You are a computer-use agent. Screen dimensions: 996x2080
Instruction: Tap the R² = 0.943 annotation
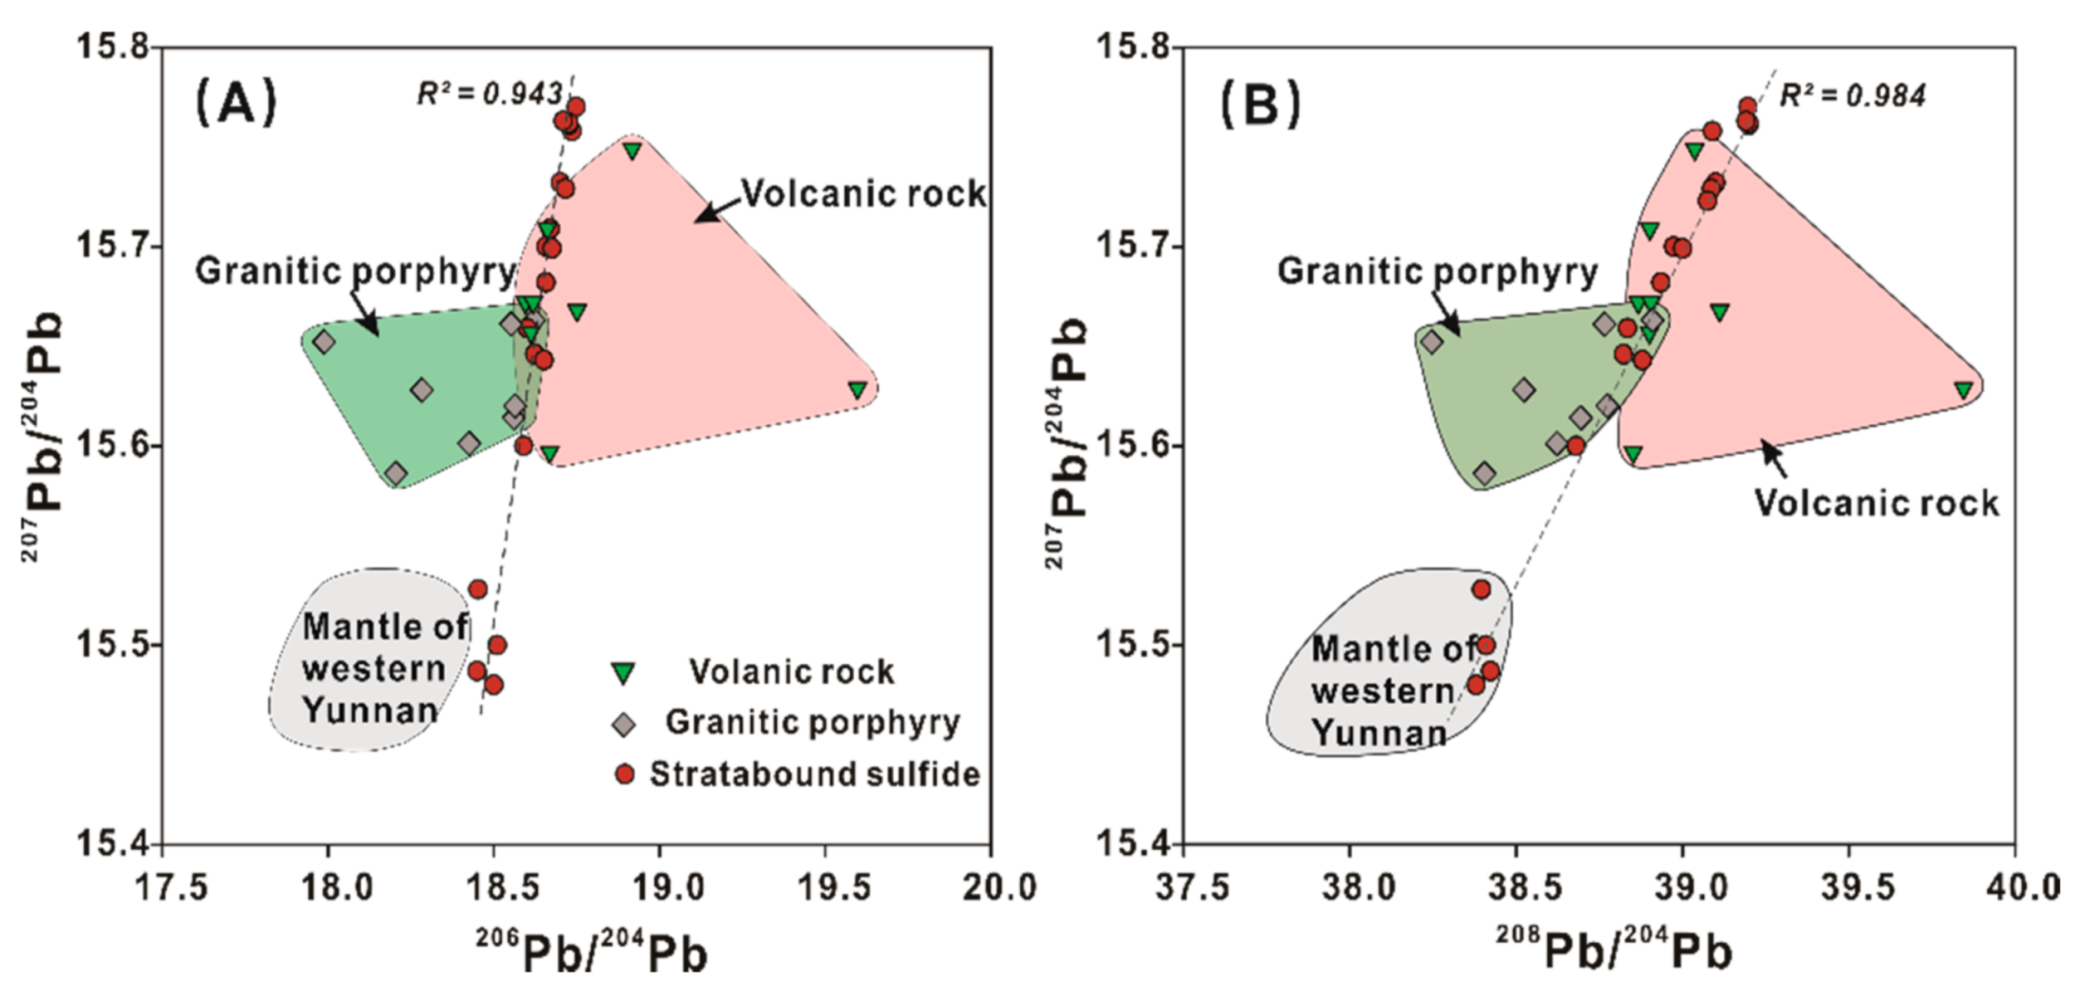coord(490,94)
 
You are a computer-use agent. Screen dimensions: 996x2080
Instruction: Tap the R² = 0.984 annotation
coord(1852,96)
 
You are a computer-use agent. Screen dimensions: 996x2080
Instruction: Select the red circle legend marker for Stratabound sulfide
coord(624,774)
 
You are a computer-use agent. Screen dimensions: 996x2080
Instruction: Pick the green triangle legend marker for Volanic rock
coord(623,673)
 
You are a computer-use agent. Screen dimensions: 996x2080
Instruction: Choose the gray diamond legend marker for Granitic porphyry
coord(623,724)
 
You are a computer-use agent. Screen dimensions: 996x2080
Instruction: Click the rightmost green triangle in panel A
coord(857,389)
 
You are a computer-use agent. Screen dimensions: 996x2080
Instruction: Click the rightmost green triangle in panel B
coord(1963,389)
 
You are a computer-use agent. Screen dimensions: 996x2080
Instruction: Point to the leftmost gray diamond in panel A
coord(324,342)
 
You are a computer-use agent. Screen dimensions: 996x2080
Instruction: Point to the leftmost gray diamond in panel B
coord(1431,342)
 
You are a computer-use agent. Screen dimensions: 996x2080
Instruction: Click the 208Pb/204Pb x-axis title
coord(1614,950)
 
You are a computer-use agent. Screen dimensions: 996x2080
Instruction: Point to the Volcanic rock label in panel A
coord(863,193)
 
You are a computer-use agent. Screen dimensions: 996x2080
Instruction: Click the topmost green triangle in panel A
coord(632,151)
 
